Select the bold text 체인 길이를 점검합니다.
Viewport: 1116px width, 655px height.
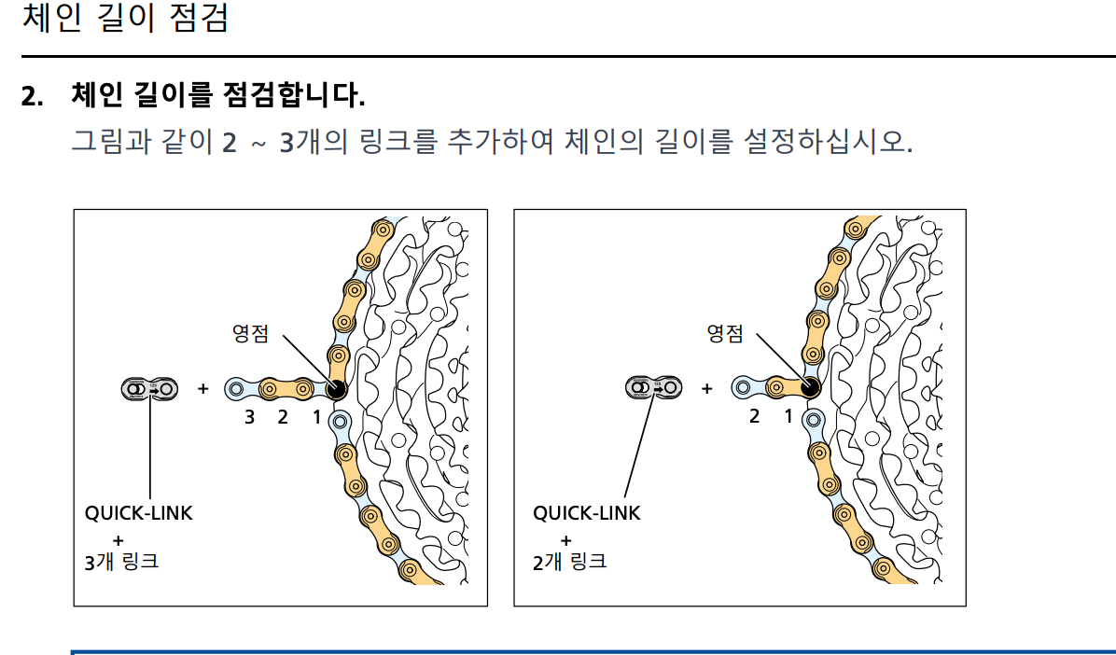(x=217, y=95)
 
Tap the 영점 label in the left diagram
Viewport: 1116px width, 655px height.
(x=252, y=332)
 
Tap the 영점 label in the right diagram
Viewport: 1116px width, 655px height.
(x=725, y=332)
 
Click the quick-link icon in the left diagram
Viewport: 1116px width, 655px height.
(x=149, y=388)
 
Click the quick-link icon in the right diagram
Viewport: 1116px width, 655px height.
(x=653, y=388)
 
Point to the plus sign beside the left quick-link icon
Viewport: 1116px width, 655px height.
(x=203, y=388)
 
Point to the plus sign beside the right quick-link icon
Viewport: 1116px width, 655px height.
(x=706, y=388)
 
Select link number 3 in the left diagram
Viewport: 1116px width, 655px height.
(x=249, y=417)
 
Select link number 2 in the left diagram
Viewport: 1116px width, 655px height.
(x=283, y=417)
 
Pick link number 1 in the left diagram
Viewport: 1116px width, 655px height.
(x=316, y=417)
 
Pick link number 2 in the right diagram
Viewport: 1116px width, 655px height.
(x=755, y=417)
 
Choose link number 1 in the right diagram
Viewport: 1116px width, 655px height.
(x=788, y=417)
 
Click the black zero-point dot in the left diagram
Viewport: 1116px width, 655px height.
(x=333, y=389)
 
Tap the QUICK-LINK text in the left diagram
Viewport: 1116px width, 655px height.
(x=139, y=513)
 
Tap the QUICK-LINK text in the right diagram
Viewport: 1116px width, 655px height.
(x=587, y=513)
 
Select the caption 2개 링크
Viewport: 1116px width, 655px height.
(x=569, y=562)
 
